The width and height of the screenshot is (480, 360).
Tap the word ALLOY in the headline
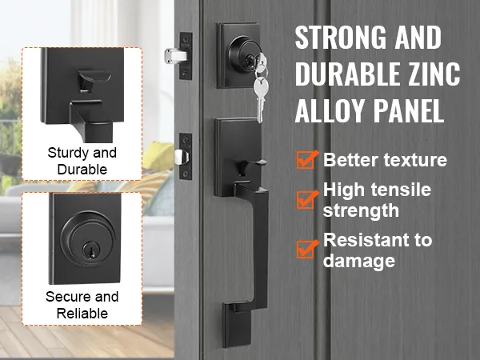330,110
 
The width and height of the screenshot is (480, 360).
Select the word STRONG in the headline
341,38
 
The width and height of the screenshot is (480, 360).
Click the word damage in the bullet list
358,261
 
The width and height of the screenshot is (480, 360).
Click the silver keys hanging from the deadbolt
260,87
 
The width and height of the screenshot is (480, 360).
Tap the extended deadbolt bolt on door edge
175,56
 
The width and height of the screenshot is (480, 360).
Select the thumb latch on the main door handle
250,166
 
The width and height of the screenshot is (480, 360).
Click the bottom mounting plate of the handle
238,325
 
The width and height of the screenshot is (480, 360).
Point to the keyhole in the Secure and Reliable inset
90,248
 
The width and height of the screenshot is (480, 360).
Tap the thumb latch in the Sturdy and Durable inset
94,79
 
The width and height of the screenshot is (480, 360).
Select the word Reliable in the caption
82,314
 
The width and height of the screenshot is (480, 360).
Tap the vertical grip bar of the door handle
259,245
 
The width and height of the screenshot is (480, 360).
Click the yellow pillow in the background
158,157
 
